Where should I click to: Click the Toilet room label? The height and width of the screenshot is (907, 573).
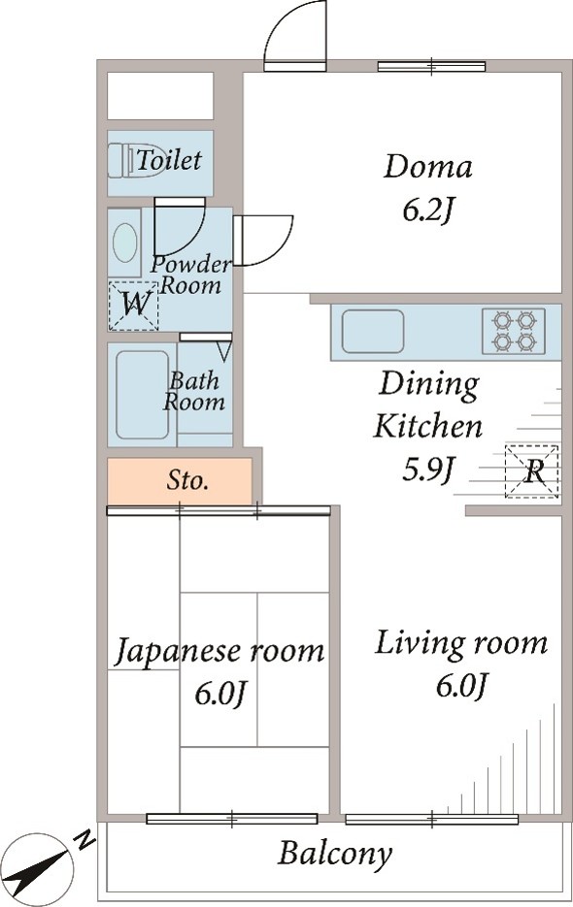point(169,160)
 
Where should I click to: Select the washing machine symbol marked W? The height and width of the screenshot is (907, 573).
point(133,306)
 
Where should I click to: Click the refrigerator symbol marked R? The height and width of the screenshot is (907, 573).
point(532,472)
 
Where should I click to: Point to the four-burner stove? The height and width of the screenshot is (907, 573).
point(514,331)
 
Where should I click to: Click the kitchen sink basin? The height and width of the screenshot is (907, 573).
point(372,332)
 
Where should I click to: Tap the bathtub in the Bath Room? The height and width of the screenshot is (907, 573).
point(142,394)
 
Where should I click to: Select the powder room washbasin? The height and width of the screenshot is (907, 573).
point(124,243)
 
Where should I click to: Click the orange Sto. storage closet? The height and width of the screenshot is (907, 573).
point(181,480)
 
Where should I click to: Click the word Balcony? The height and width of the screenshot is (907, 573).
point(335,854)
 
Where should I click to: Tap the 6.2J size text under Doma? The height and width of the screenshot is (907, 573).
point(427,211)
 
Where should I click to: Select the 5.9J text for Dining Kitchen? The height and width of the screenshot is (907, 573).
point(428,470)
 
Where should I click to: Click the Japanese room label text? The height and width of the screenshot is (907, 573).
point(220,651)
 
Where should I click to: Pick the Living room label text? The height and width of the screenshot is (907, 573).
point(460,642)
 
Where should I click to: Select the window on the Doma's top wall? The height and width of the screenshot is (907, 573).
point(431,66)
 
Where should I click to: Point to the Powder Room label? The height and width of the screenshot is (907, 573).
point(191,275)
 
